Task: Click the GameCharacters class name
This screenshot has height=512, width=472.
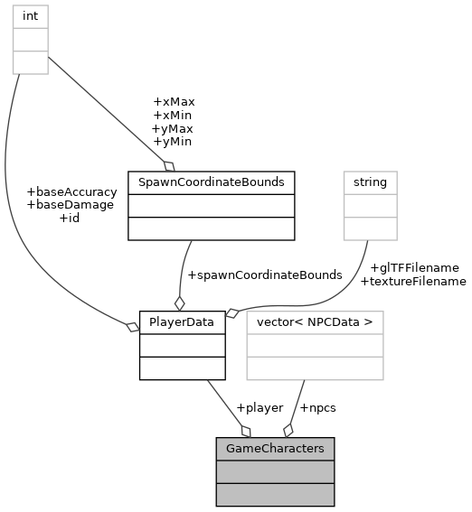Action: [x=275, y=448]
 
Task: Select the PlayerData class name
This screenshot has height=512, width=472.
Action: [x=181, y=321]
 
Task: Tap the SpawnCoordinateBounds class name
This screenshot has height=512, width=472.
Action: [x=212, y=182]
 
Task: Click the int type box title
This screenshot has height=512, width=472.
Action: [x=30, y=16]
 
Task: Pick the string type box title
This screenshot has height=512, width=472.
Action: [x=370, y=182]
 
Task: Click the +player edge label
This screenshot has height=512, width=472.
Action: [x=259, y=407]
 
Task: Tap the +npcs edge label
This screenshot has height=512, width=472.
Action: [x=317, y=407]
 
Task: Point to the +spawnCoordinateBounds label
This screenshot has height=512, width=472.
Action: [x=264, y=275]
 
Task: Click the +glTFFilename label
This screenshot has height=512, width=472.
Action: [x=414, y=267]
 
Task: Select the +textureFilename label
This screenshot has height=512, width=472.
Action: [x=413, y=281]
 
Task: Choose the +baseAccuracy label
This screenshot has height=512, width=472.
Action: [x=72, y=191]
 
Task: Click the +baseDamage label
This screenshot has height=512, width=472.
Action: [x=71, y=205]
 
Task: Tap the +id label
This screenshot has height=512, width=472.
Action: [x=70, y=218]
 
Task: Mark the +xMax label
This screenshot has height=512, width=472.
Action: [x=174, y=102]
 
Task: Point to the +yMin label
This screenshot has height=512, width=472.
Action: [x=172, y=142]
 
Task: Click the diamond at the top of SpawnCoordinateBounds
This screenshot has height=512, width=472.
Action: [x=168, y=165]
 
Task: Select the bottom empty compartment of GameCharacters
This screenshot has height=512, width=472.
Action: [x=275, y=494]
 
